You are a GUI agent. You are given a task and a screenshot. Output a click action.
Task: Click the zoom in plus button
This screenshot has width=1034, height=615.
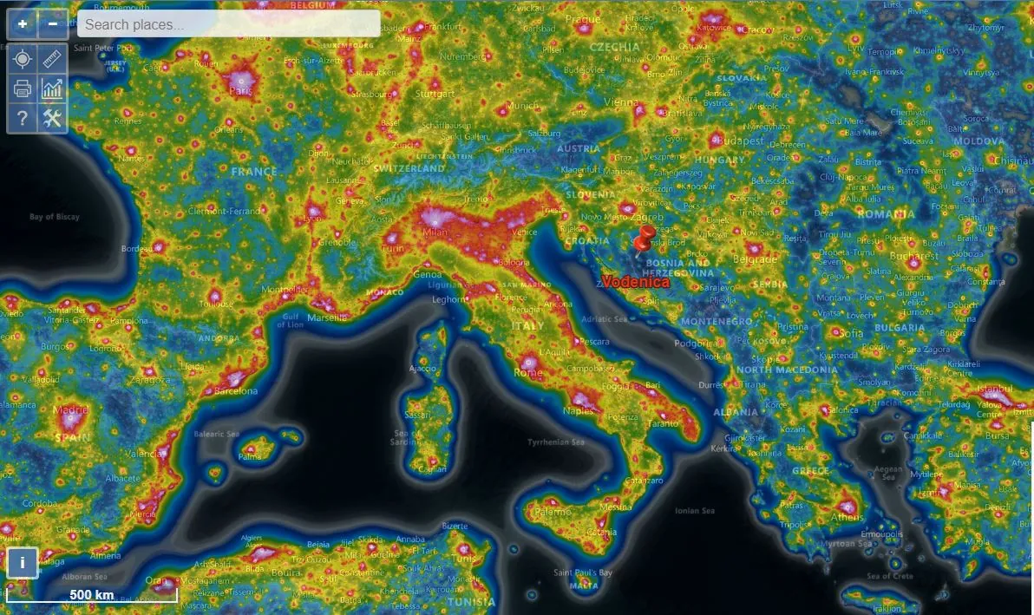coord(22,24)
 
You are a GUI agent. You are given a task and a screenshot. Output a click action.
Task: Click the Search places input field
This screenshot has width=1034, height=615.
coord(228,24)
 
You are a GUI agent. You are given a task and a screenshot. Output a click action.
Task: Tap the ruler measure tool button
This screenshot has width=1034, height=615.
coord(53,58)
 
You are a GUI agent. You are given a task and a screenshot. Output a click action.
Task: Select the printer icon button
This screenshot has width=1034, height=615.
coord(22,88)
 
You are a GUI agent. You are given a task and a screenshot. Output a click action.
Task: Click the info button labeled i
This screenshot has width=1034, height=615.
coord(22,562)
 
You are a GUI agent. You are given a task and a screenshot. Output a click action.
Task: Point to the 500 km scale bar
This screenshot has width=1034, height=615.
coord(92,595)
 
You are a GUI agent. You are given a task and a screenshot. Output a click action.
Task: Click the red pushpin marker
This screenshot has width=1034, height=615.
coord(644,239)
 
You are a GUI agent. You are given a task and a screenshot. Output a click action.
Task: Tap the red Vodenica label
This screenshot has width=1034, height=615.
coord(636,282)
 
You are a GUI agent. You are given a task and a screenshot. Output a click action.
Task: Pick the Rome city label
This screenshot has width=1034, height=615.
coord(528,372)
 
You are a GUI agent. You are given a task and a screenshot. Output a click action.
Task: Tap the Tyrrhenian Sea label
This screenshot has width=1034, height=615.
coord(556,442)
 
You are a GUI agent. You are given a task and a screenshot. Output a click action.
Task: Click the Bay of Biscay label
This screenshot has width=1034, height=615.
coord(54,217)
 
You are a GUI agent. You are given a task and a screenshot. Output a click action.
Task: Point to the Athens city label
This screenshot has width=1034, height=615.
coord(847,518)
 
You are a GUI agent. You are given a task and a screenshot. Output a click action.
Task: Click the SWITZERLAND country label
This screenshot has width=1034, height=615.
coord(409,168)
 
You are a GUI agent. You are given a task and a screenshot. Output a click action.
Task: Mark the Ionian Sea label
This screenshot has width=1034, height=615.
coord(695,511)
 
